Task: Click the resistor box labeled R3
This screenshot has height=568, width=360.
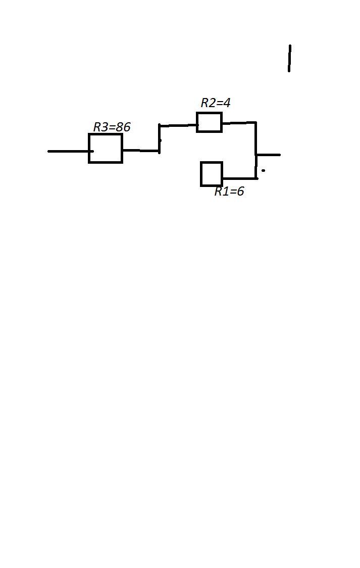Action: click(x=106, y=148)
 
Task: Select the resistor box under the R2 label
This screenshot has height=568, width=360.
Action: click(x=209, y=122)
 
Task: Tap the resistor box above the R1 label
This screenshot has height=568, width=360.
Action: click(x=212, y=174)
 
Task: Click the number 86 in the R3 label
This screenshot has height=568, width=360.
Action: click(x=123, y=127)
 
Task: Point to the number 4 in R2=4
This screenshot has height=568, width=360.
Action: click(x=226, y=103)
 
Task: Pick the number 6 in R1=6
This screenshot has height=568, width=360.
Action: click(x=240, y=191)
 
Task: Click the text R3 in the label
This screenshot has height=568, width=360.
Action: click(x=100, y=127)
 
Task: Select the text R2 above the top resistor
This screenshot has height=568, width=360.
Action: click(x=208, y=103)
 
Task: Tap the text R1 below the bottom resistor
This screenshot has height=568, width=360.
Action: click(x=221, y=191)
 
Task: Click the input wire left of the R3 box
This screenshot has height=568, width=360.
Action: click(x=68, y=151)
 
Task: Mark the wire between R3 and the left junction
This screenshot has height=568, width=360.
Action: click(x=140, y=150)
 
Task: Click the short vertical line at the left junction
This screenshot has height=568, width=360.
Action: click(x=159, y=138)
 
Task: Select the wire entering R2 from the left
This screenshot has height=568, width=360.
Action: click(x=178, y=125)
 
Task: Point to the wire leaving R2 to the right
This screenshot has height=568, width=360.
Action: click(x=238, y=122)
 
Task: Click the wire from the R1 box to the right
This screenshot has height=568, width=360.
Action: click(x=239, y=178)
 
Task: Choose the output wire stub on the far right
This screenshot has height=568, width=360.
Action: click(x=269, y=155)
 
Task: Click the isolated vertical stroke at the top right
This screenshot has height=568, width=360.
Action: click(x=289, y=58)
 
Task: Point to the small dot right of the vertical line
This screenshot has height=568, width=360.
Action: click(x=263, y=170)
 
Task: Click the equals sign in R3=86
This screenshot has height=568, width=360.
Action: click(x=112, y=127)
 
